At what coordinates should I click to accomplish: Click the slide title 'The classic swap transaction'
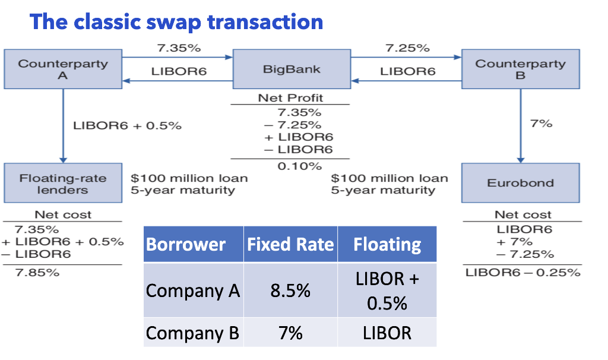(x=176, y=22)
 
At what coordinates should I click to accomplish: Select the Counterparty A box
(x=63, y=70)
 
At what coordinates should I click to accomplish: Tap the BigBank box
(x=291, y=70)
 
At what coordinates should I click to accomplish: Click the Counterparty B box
(x=520, y=70)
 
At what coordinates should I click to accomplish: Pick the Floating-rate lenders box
(x=63, y=184)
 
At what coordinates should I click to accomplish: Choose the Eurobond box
(x=520, y=183)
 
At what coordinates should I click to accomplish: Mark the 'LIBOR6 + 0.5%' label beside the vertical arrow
(x=127, y=126)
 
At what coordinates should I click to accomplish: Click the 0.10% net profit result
(x=291, y=166)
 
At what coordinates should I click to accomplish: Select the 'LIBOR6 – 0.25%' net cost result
(x=522, y=273)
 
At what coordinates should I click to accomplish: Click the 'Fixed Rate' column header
(x=290, y=244)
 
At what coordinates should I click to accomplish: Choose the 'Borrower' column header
(x=186, y=244)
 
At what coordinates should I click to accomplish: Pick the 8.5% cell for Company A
(x=290, y=290)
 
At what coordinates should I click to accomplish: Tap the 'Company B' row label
(x=192, y=333)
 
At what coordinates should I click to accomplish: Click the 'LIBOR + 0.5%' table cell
(x=387, y=291)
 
